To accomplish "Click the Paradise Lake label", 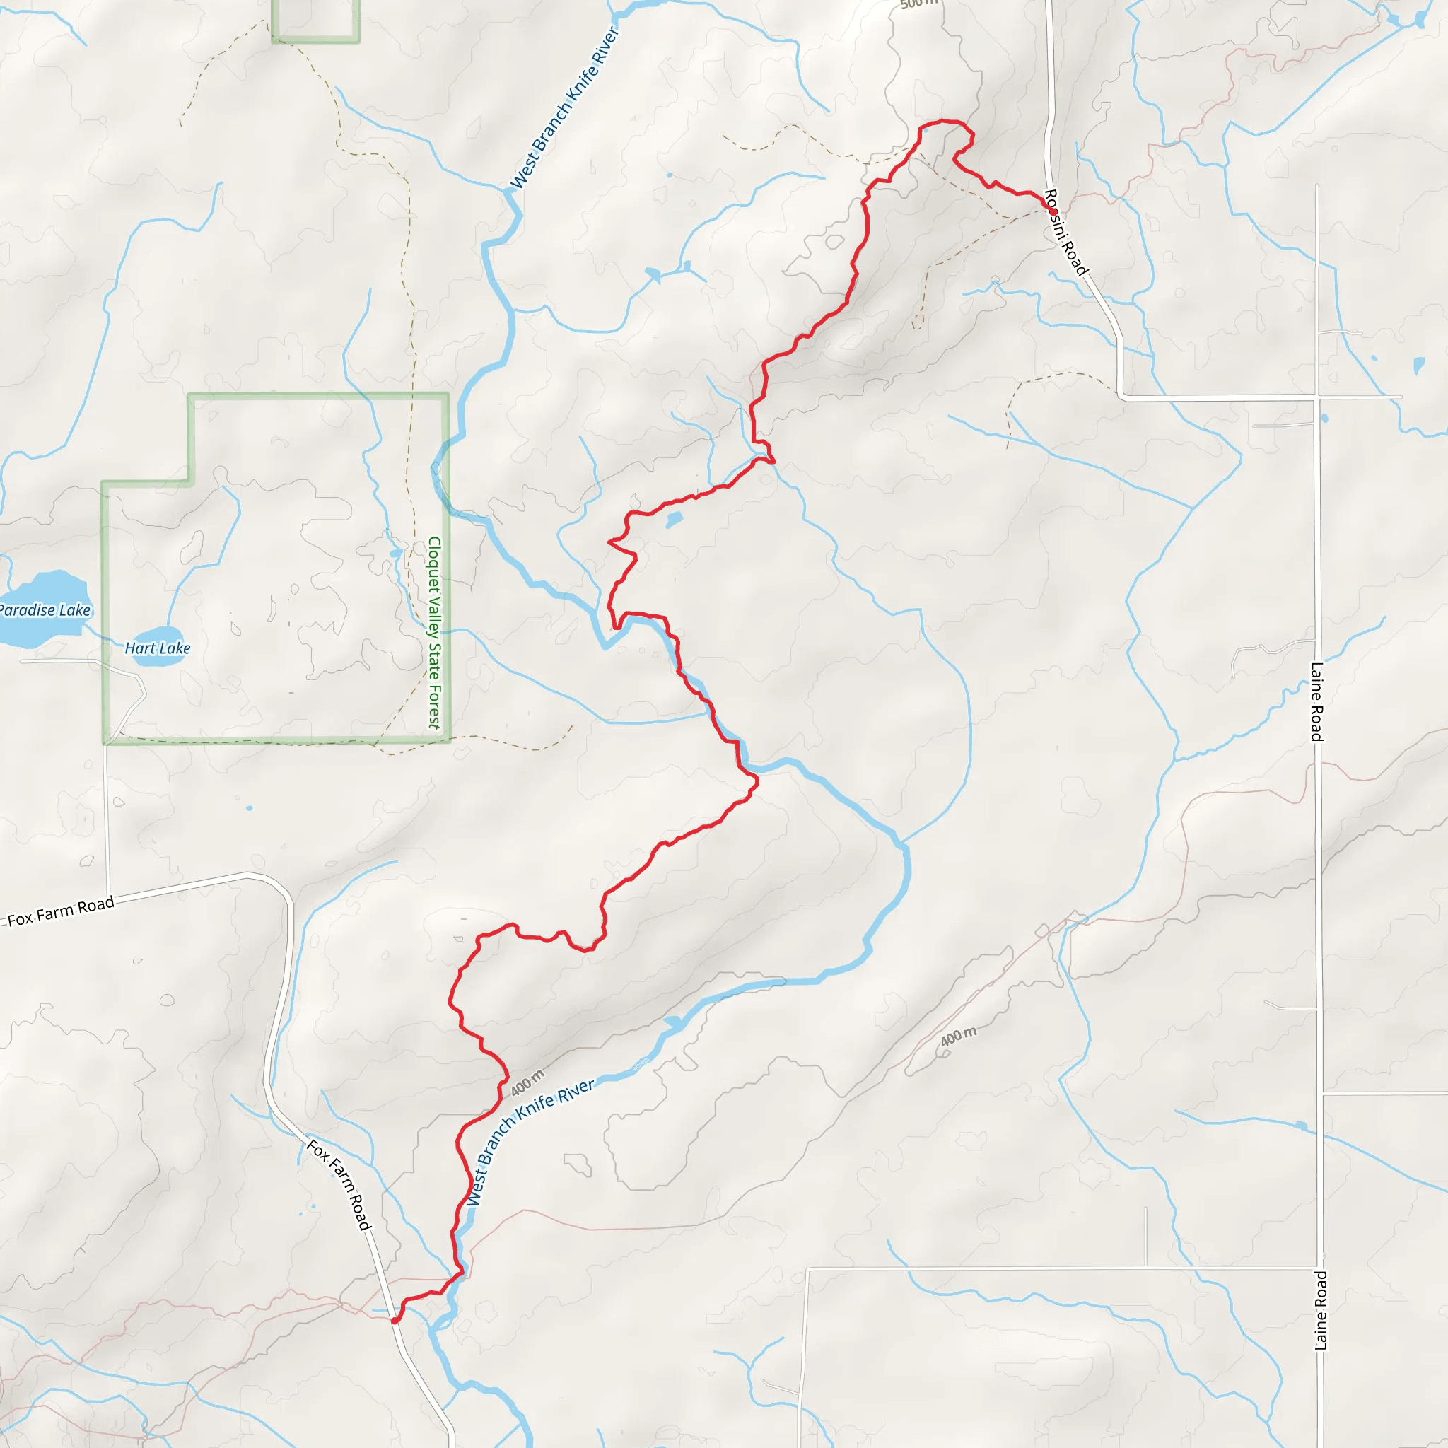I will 45,610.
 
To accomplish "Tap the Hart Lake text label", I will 158,648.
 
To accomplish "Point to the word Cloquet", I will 434,560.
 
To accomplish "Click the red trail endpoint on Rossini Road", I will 1053,211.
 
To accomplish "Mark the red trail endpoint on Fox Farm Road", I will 395,1321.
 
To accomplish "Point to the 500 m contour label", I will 918,4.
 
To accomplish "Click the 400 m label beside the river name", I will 527,1083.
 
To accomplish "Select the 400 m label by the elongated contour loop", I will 959,1036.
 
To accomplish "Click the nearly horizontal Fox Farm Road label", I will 62,911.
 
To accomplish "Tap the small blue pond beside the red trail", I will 674,519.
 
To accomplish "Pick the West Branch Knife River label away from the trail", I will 564,108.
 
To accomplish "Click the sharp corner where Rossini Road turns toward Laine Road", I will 1121,395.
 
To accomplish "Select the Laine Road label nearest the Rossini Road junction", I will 1316,701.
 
